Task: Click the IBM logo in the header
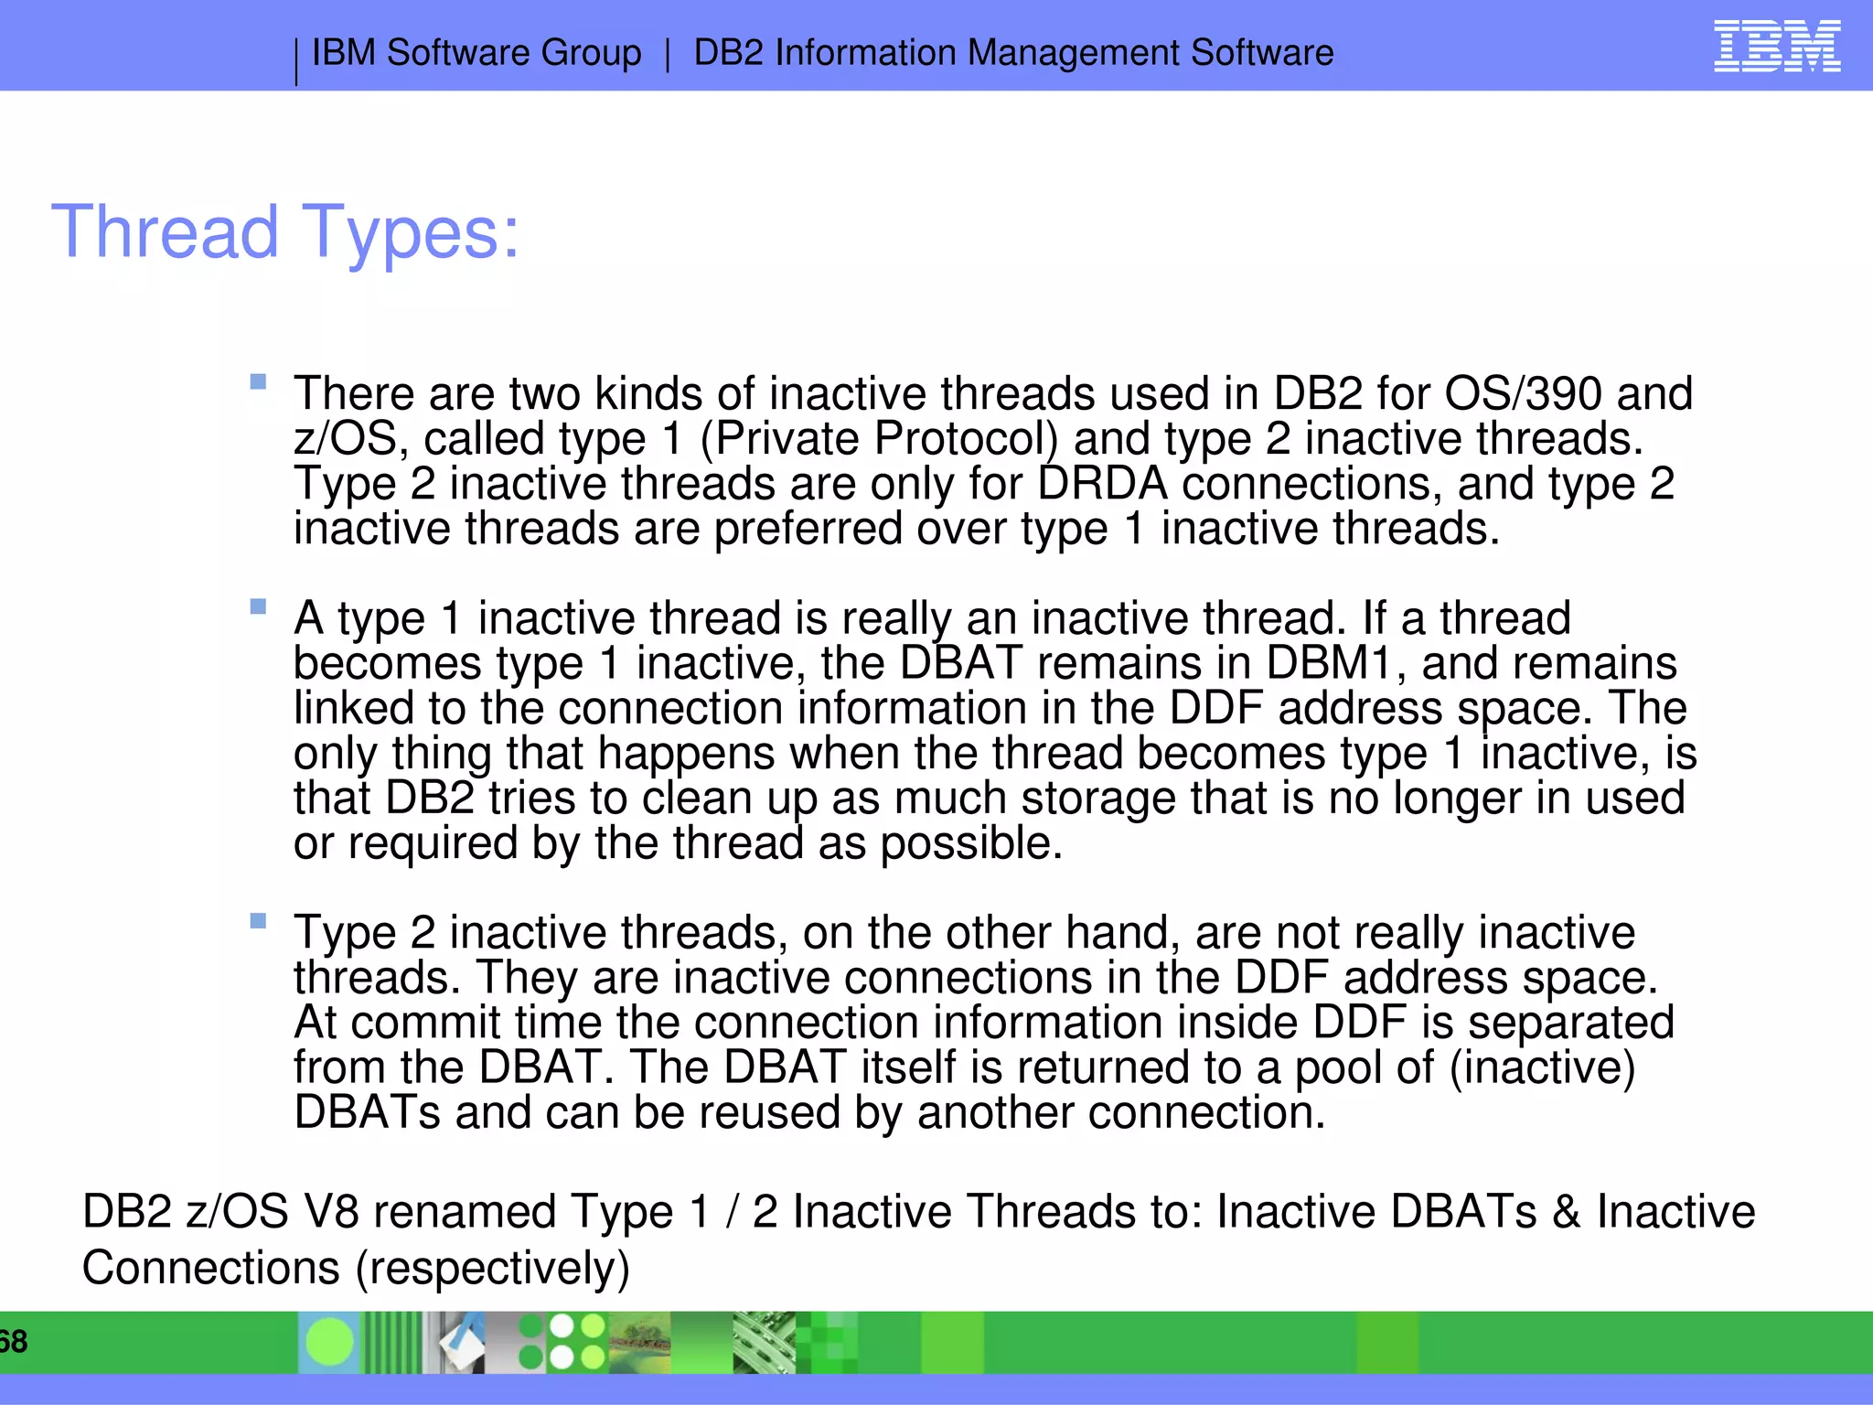(1776, 47)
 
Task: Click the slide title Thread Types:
(285, 232)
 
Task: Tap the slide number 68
(13, 1342)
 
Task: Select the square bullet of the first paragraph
(258, 381)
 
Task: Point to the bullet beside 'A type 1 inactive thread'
(258, 606)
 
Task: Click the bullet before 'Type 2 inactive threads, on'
(258, 921)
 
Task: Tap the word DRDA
(1103, 484)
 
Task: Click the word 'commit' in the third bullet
(426, 1023)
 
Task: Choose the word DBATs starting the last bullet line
(367, 1113)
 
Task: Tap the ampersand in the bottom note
(1566, 1212)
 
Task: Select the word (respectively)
(493, 1269)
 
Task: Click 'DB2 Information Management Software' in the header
(1013, 53)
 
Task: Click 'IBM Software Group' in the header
(476, 53)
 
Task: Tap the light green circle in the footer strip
(329, 1342)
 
